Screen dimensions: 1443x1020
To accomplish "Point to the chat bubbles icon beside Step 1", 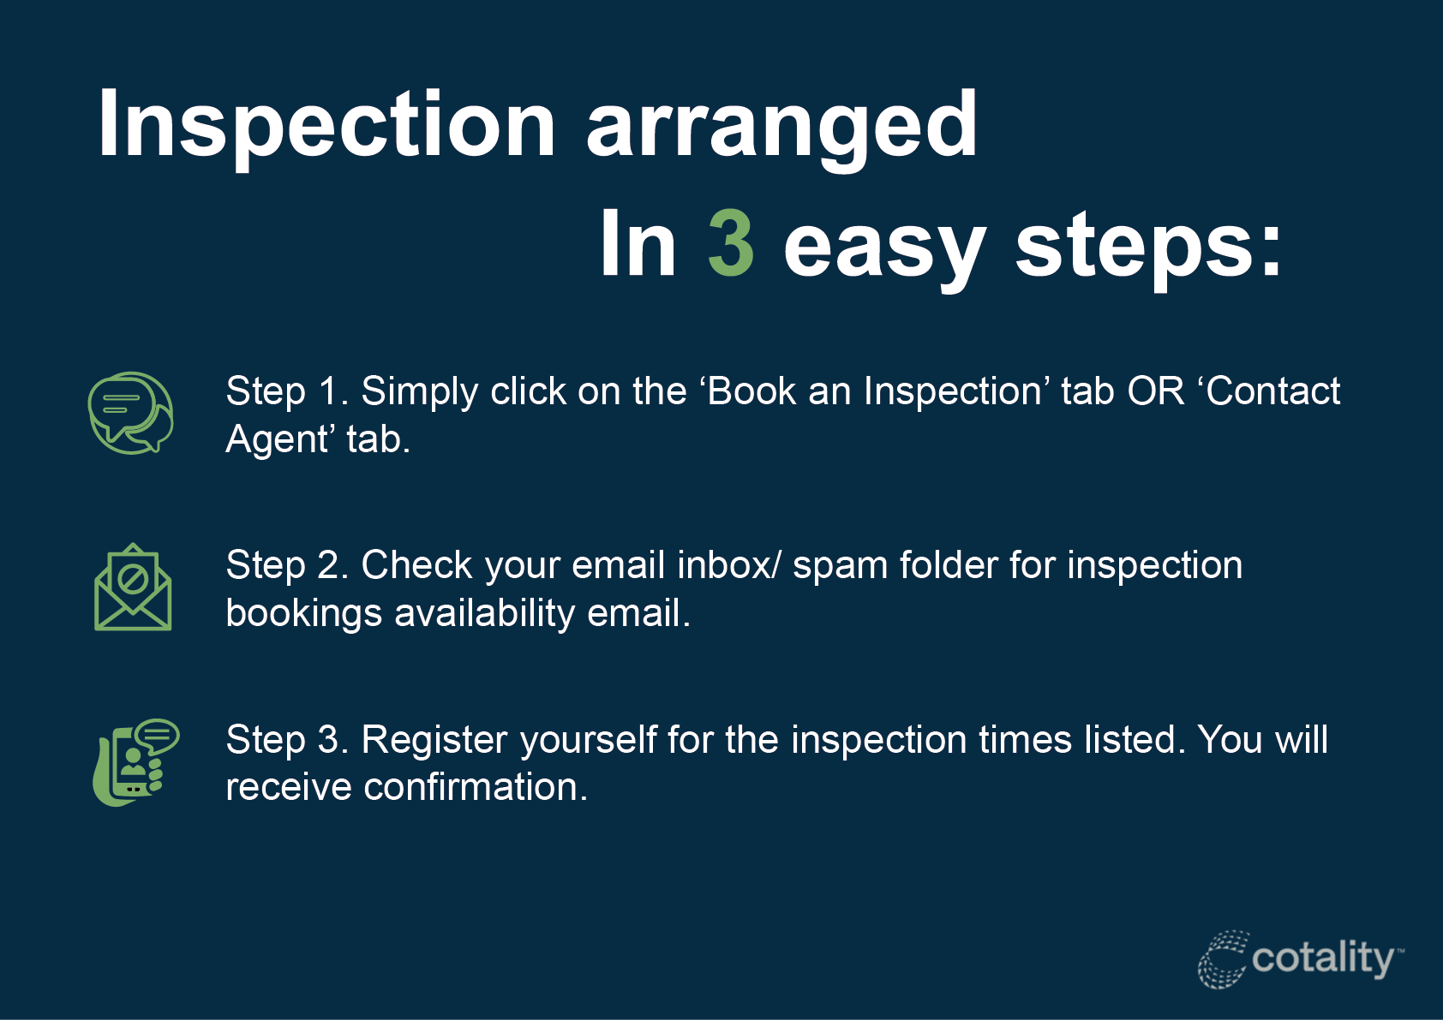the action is coord(130,413).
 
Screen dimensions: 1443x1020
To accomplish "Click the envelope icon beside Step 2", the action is coord(133,587).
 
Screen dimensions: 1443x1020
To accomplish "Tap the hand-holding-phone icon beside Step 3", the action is coord(135,762).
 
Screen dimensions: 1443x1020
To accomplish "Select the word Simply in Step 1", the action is coord(420,392).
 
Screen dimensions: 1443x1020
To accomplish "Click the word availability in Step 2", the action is coord(484,614).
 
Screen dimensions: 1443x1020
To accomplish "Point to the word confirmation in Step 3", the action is coord(476,787).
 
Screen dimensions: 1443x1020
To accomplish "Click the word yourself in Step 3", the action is coord(589,740).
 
